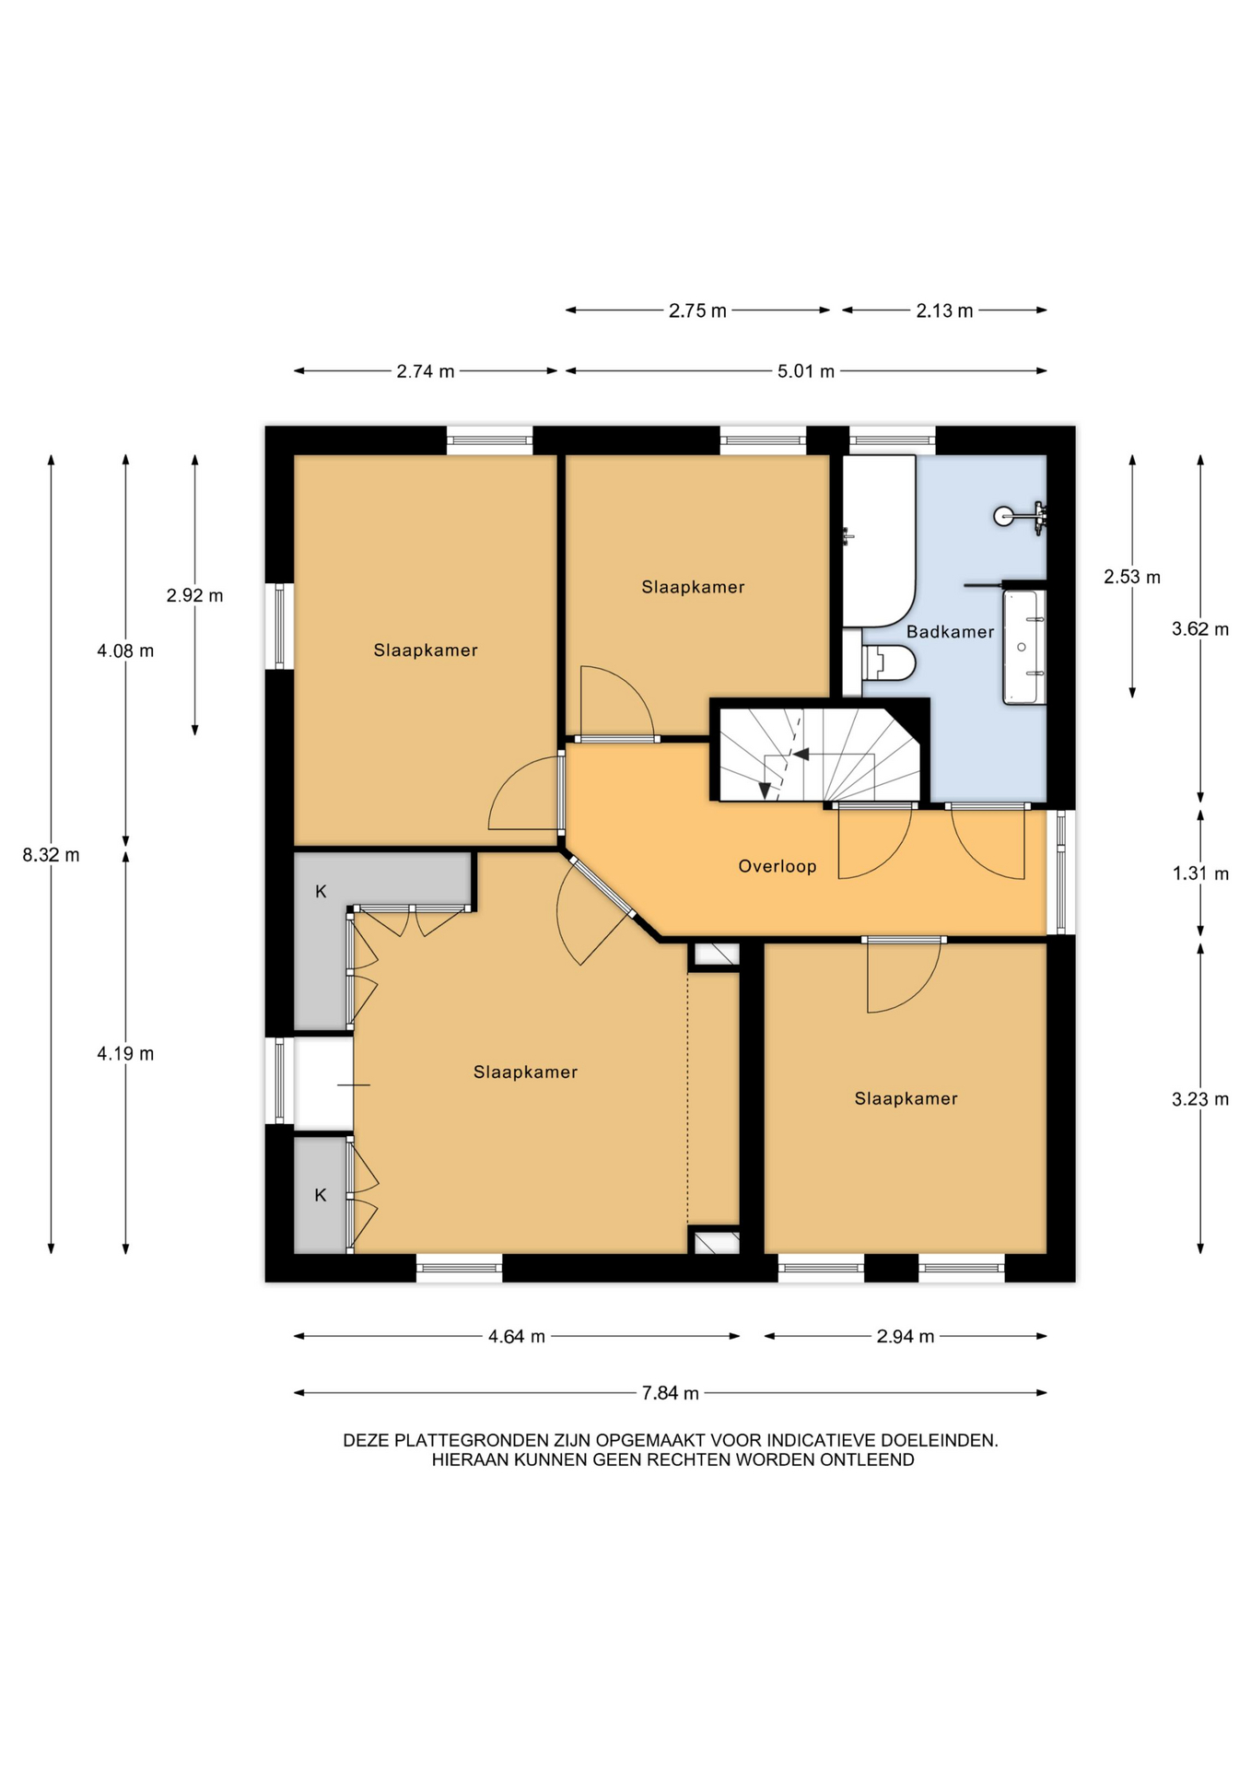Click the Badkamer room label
pos(950,632)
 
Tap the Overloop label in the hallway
pos(777,866)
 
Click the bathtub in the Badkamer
pos(878,542)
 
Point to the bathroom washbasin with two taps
pos(1024,647)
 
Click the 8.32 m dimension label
pos(52,855)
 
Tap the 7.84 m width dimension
pos(671,1393)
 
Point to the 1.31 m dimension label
pos(1200,873)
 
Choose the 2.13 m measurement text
pos(944,310)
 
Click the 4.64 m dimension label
pos(517,1336)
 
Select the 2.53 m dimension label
pos(1132,577)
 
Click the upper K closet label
pos(321,891)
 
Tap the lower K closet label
pos(321,1195)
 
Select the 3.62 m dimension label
pos(1200,629)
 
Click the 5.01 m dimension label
pos(806,371)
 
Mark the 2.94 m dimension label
pos(906,1336)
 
